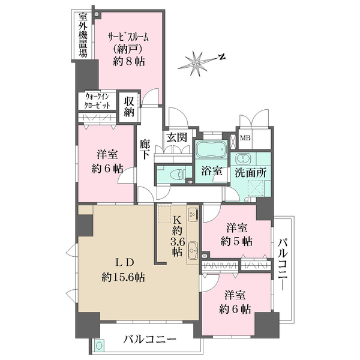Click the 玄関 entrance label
177,137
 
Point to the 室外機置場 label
82,35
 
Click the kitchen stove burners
193,213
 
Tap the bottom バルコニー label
151,340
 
